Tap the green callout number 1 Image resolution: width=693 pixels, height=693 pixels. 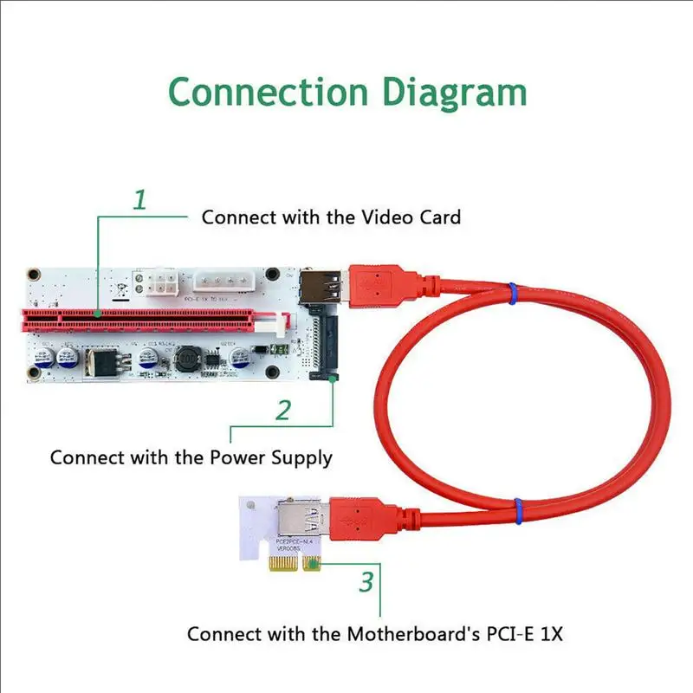[x=139, y=201]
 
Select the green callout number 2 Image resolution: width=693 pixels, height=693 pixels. [x=283, y=410]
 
